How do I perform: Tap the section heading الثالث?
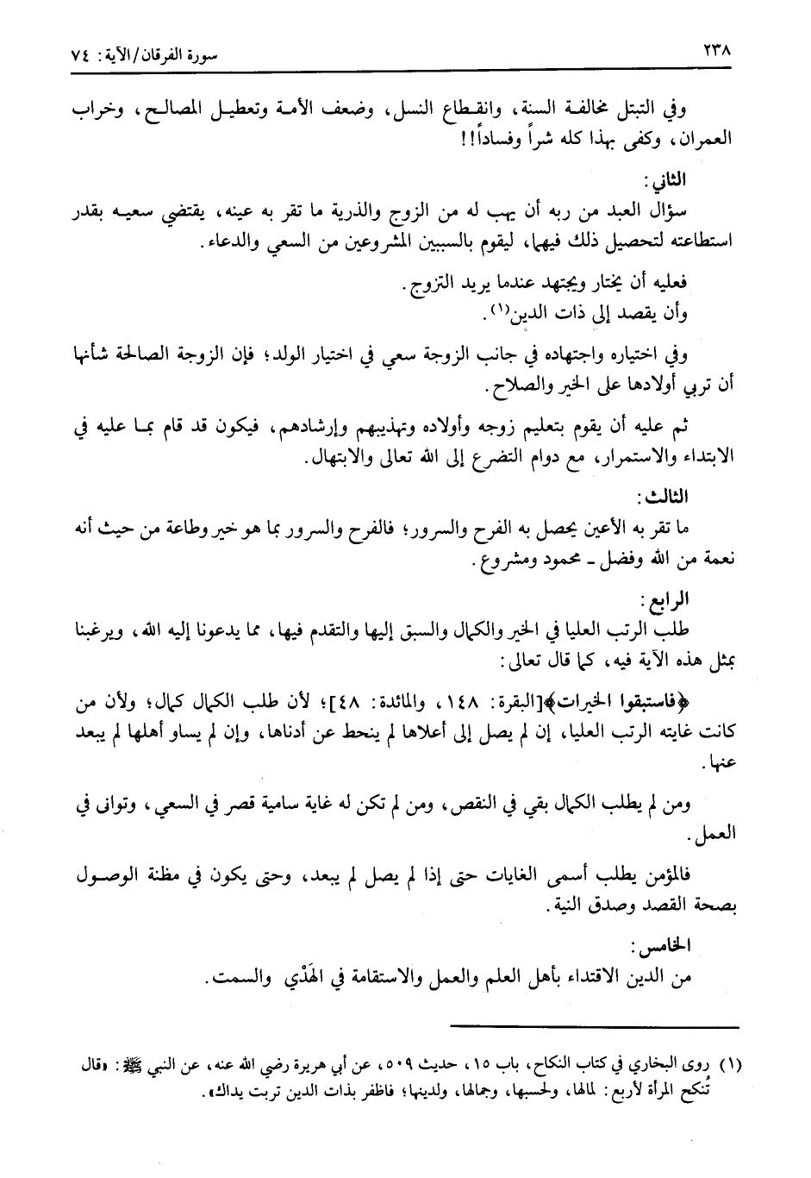[663, 498]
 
